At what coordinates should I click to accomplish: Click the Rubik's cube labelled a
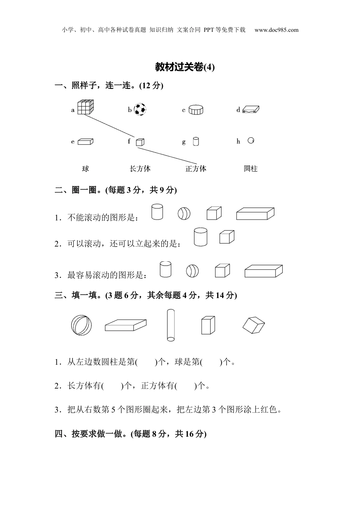coord(85,107)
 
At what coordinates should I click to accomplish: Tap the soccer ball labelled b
coord(140,109)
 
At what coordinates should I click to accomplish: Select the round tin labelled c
coord(196,109)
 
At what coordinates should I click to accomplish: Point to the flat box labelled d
coord(251,109)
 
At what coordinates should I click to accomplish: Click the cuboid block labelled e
coord(85,142)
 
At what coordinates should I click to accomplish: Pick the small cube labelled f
coord(140,142)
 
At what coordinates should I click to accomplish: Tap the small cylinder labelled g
coord(196,142)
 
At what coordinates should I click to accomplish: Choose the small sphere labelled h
coord(250,141)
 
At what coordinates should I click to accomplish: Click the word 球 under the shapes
coord(86,169)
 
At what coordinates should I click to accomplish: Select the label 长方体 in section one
coord(140,169)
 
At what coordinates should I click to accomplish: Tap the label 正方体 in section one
coord(196,169)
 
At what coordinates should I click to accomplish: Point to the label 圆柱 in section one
coord(250,169)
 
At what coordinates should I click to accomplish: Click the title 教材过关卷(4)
coord(185,67)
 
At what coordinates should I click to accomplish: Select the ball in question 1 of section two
coord(184,214)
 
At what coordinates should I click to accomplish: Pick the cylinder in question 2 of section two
coord(200,237)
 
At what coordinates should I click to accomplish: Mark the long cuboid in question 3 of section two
coord(263,271)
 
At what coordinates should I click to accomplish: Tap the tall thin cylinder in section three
coord(171,325)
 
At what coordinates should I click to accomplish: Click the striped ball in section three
coord(81,325)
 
